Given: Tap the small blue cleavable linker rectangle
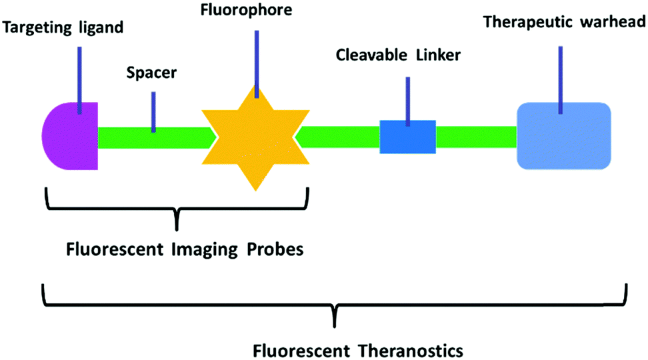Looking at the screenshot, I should [x=407, y=137].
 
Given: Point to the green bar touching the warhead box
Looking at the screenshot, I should [x=476, y=137].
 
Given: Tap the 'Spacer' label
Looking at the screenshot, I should [x=151, y=72].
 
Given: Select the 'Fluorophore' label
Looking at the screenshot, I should [x=255, y=11].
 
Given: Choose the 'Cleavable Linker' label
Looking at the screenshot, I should [x=397, y=56].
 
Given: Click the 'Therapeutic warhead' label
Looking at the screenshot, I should [x=563, y=21].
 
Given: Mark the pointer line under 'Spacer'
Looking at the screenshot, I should [x=153, y=111].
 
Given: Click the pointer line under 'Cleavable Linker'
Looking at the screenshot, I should [x=407, y=100].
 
